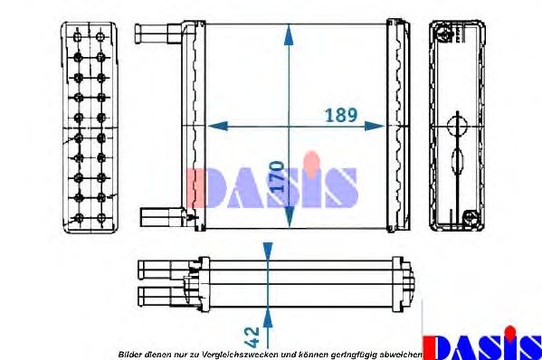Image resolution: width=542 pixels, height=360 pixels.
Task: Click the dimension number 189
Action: pyautogui.click(x=342, y=117)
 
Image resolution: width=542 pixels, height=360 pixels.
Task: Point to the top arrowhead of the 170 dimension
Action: pyautogui.click(x=289, y=35)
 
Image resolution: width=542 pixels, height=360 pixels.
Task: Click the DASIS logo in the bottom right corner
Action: pyautogui.click(x=482, y=346)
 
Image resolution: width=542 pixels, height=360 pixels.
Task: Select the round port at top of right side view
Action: pyautogui.click(x=443, y=36)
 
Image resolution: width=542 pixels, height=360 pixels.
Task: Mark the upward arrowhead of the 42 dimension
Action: pyautogui.click(x=267, y=313)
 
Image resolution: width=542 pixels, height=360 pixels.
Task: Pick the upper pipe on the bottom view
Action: pyautogui.click(x=159, y=270)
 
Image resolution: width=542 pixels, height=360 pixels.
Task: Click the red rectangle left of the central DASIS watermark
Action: pyautogui.click(x=193, y=187)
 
